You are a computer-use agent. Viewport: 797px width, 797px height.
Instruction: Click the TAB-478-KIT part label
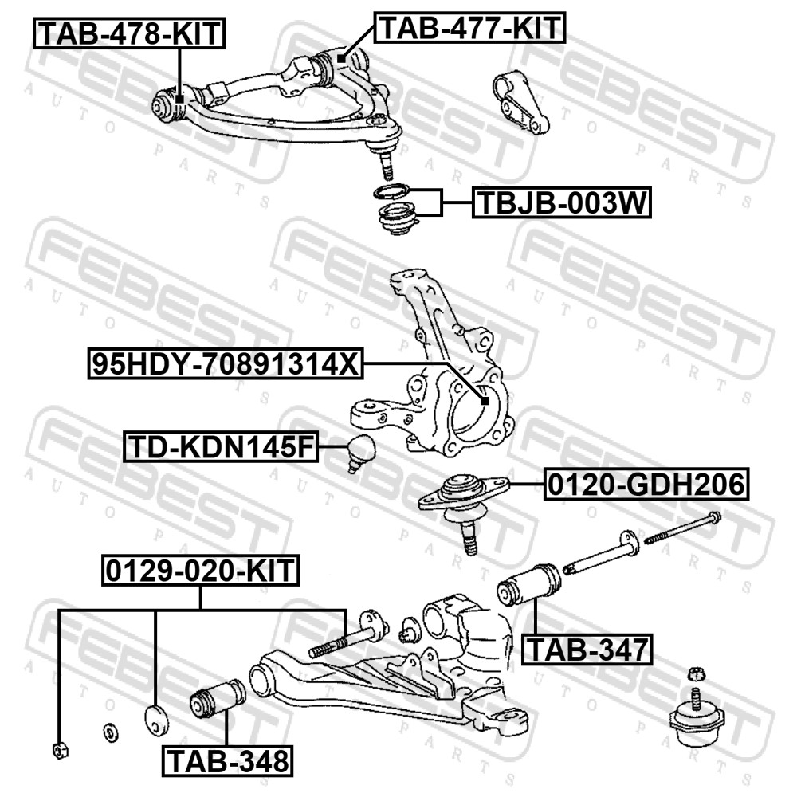(129, 33)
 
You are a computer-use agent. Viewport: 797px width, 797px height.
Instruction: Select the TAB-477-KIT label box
(470, 27)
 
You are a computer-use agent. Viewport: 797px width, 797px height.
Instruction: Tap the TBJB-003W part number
(562, 202)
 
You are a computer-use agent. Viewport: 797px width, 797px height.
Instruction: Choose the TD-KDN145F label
(221, 446)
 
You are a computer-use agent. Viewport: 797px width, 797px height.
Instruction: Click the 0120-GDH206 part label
(646, 485)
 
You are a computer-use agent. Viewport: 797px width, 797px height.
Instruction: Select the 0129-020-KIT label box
(200, 571)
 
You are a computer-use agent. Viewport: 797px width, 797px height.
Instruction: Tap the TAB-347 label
(587, 650)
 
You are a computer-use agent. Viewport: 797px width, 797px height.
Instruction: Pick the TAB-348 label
(227, 761)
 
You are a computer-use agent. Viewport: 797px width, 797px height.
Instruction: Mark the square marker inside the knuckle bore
(484, 401)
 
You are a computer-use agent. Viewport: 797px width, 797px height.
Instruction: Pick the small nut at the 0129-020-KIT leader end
(60, 750)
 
